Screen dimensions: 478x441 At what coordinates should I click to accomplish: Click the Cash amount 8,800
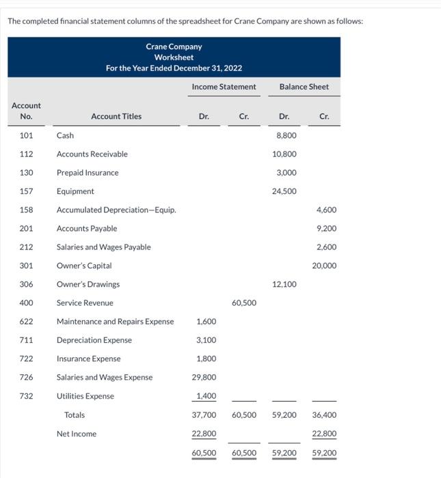286,135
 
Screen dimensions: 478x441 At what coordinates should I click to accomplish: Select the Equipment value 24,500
284,191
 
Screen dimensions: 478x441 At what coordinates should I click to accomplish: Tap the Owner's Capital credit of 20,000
324,266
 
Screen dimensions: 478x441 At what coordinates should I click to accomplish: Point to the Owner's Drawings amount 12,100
284,284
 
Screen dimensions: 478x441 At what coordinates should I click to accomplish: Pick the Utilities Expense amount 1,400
206,396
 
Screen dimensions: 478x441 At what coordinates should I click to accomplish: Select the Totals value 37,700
204,415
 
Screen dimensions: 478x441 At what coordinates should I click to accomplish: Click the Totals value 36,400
324,415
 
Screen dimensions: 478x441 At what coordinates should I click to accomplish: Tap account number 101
26,135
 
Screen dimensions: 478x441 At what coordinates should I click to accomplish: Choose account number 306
26,284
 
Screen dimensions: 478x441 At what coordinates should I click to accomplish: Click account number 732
26,396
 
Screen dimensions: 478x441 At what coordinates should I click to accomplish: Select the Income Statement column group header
224,87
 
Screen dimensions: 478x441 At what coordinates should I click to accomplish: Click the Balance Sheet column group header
304,87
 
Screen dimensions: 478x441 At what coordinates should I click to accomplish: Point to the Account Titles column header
116,116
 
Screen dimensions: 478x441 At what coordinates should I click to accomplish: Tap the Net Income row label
77,434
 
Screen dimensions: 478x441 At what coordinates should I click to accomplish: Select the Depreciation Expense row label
94,340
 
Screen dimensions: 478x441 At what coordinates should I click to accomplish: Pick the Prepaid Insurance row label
88,173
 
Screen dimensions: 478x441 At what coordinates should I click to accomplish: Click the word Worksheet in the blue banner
174,57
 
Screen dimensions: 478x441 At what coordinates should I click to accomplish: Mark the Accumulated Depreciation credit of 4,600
326,210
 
